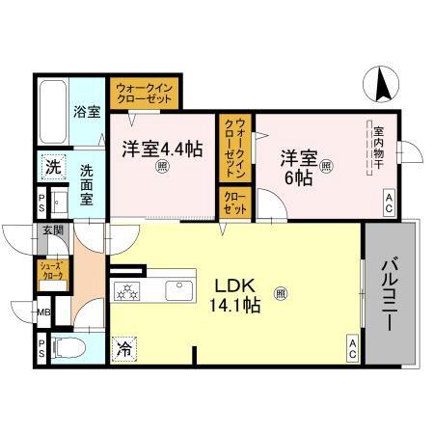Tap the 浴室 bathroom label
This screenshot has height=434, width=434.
click(x=87, y=111)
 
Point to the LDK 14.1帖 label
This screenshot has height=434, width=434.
click(x=236, y=295)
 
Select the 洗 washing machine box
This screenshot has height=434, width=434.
click(x=51, y=167)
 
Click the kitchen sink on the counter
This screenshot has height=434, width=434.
click(x=178, y=290)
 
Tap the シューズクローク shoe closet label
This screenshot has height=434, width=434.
click(x=50, y=271)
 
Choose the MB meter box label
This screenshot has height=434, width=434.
click(x=43, y=312)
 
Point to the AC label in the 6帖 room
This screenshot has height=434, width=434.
click(x=388, y=203)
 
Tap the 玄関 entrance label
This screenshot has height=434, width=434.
click(x=52, y=231)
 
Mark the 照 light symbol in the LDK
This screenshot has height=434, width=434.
click(x=280, y=292)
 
